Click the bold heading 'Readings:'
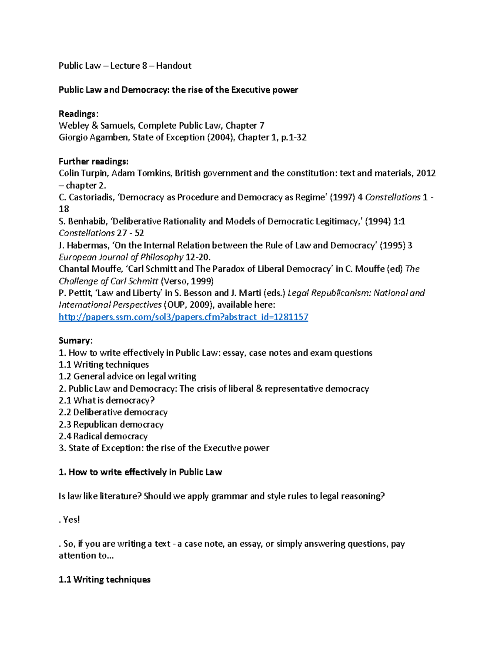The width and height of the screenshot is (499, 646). pyautogui.click(x=79, y=114)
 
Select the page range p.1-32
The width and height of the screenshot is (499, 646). pyautogui.click(x=294, y=138)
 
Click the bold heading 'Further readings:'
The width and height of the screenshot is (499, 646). pyautogui.click(x=94, y=161)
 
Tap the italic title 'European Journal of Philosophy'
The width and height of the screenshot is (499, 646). pyautogui.click(x=121, y=257)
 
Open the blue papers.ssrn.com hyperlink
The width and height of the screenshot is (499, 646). pyautogui.click(x=183, y=317)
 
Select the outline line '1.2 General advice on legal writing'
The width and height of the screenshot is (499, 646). pyautogui.click(x=127, y=376)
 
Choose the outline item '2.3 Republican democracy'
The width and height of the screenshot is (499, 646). pyautogui.click(x=111, y=425)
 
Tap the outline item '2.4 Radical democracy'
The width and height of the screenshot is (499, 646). pyautogui.click(x=103, y=436)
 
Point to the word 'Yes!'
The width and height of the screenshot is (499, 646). pyautogui.click(x=71, y=520)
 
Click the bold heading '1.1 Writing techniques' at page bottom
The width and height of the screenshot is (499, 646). pyautogui.click(x=104, y=580)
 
